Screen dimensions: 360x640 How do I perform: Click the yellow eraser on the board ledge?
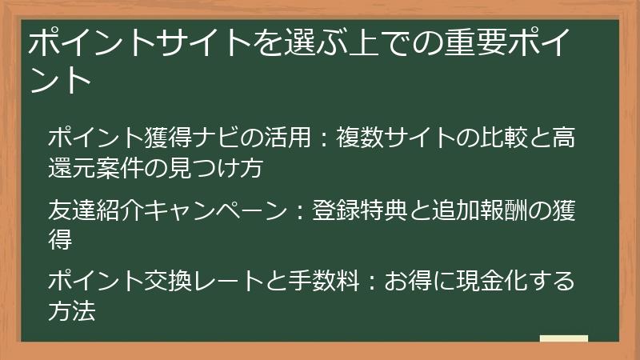pos(563,339)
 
